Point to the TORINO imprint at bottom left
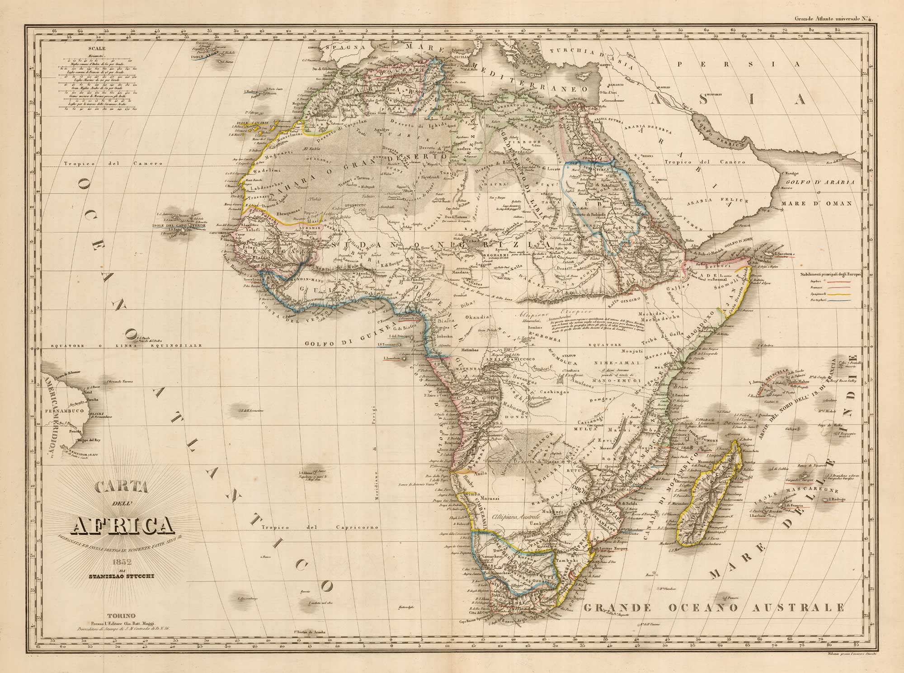coord(119,616)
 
